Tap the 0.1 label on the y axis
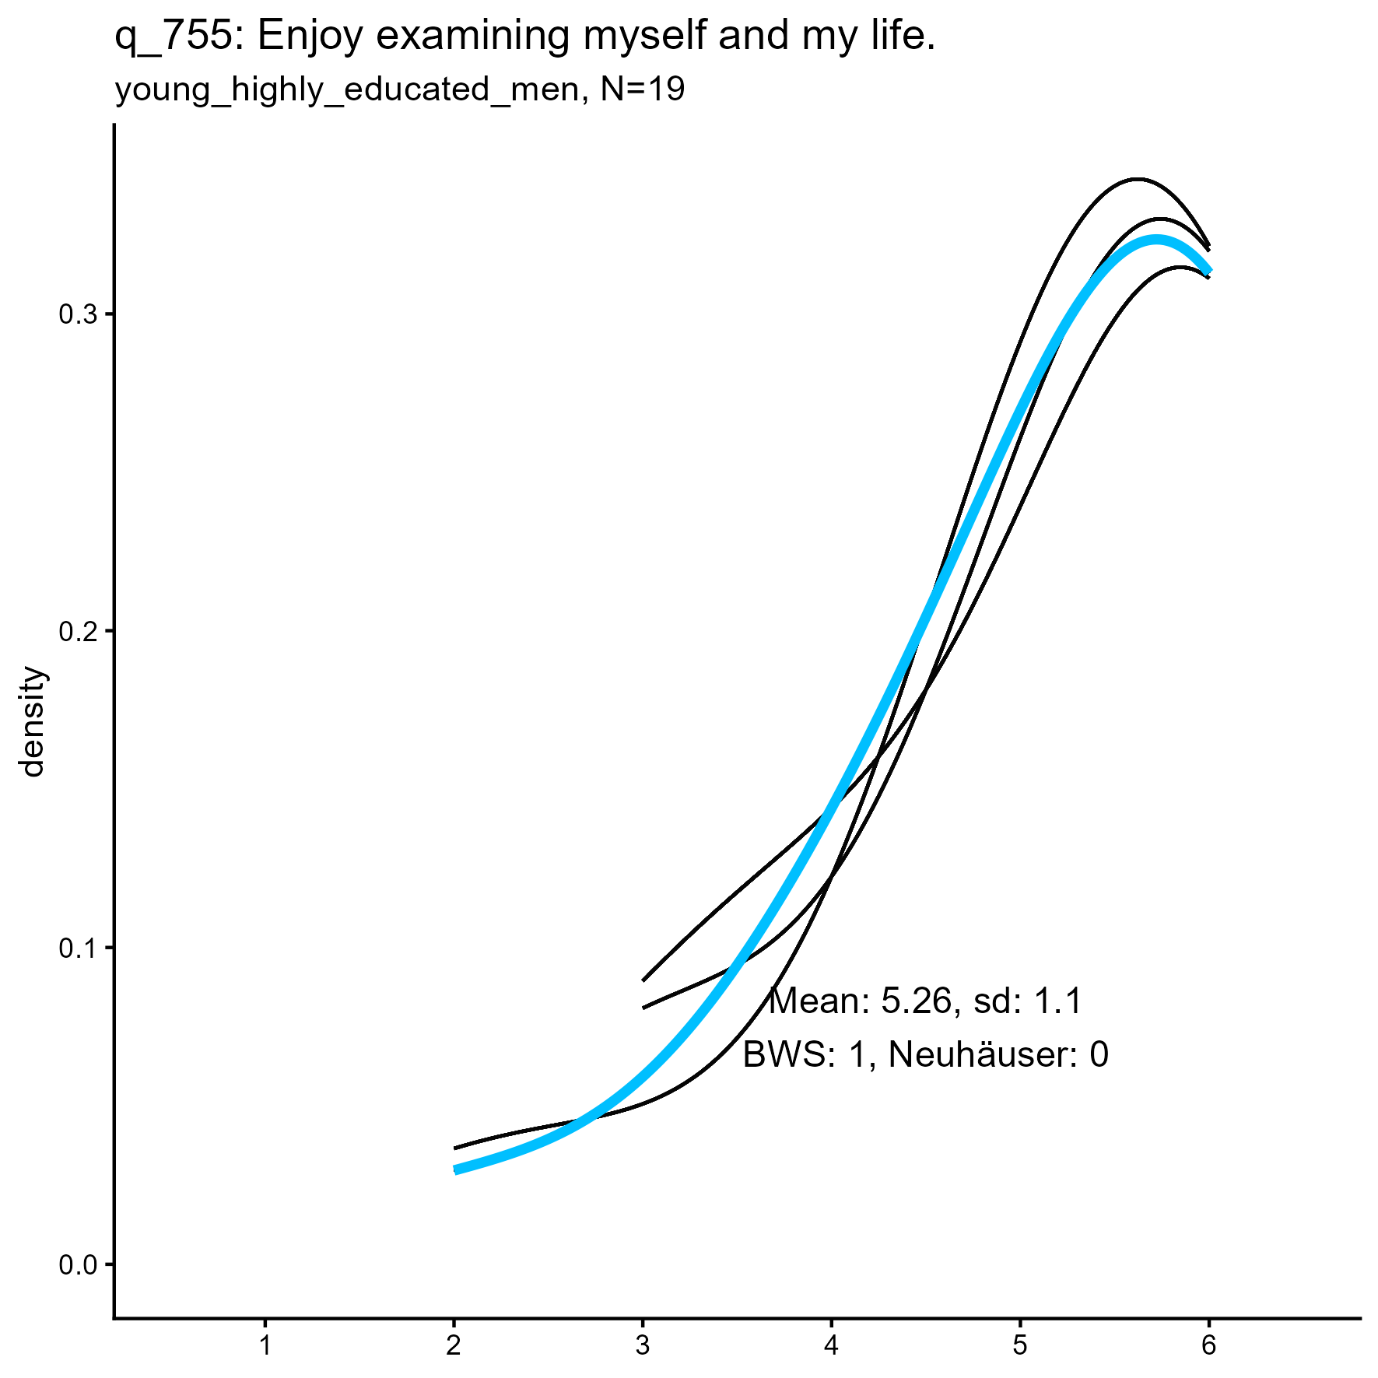pos(75,949)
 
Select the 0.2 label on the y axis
pos(75,632)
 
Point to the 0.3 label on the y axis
pos(75,315)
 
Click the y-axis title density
pos(33,722)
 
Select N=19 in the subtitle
pos(643,90)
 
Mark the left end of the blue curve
pos(455,1169)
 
